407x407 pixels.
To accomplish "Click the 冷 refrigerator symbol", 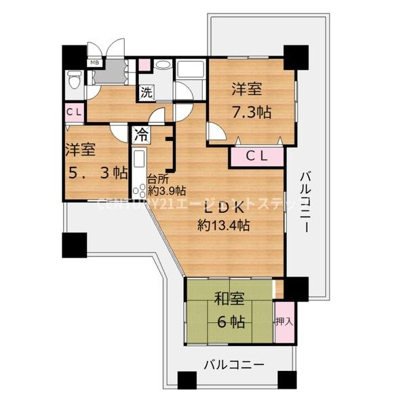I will click(x=141, y=134).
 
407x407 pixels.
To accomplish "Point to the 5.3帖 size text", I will click(x=97, y=172).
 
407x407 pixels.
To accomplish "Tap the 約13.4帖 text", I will click(x=223, y=225).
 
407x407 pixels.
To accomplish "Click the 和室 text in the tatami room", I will click(x=230, y=298).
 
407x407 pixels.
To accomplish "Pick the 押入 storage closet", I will click(x=284, y=322).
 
